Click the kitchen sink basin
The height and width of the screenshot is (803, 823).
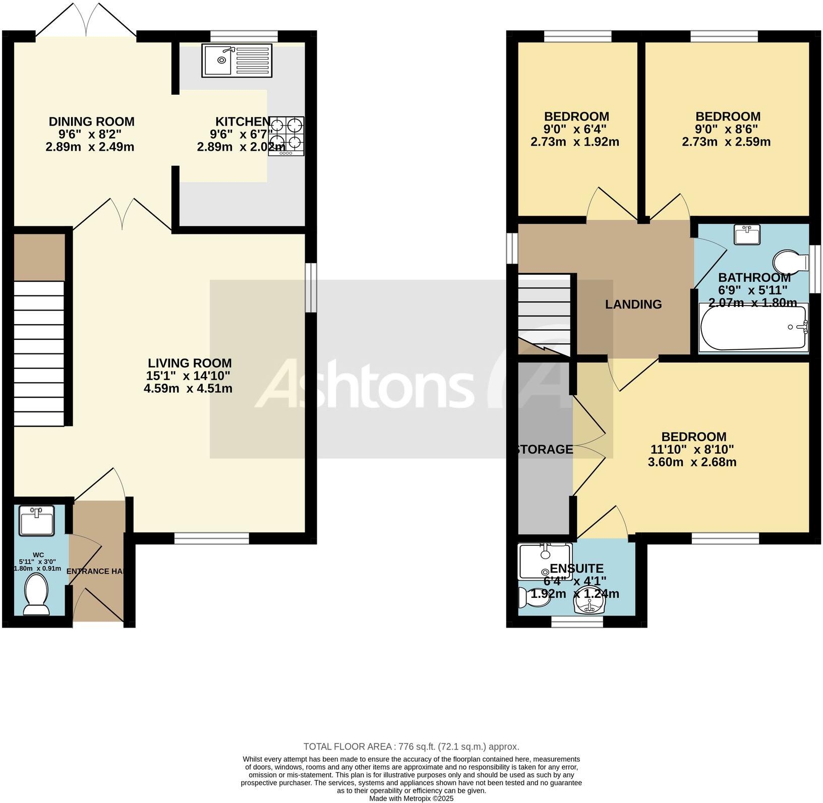221,60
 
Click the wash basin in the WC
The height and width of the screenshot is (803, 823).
36,521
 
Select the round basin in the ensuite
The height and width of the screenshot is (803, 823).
588,601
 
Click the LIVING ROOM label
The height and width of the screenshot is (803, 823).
190,363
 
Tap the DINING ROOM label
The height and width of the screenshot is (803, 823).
92,121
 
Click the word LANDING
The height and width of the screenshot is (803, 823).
633,304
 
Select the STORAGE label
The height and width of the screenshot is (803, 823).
545,449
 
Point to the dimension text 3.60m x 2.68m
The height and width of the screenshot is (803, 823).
692,462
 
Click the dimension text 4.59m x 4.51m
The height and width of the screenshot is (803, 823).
188,388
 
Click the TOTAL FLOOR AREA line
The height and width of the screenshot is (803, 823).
411,747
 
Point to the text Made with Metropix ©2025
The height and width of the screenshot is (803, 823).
411,798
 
